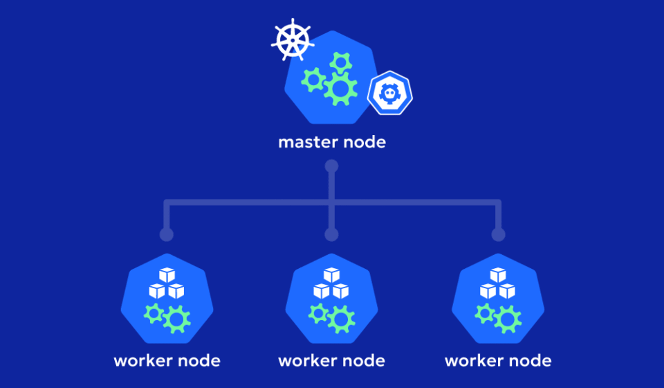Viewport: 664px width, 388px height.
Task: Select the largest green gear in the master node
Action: coord(340,88)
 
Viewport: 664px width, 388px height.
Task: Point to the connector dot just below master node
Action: coord(332,166)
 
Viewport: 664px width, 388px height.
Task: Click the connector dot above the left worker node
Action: coord(166,234)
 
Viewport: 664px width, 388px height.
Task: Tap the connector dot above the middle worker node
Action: coord(332,234)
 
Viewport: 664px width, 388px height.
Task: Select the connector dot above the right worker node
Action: coord(498,234)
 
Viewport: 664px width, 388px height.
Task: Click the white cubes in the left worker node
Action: coord(167,284)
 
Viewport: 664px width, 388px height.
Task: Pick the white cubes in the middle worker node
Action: coord(332,284)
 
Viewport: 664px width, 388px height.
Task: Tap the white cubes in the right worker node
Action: coord(498,284)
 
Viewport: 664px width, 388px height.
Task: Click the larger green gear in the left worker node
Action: coord(177,319)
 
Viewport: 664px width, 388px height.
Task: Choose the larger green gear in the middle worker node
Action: coord(342,319)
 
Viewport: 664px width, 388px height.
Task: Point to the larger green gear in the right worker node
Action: coord(508,319)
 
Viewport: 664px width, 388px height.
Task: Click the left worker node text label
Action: coord(167,361)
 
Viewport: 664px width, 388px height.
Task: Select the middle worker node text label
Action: coord(332,361)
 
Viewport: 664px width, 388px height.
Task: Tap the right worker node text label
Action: coord(498,361)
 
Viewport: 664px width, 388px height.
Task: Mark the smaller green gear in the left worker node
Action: coord(154,313)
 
